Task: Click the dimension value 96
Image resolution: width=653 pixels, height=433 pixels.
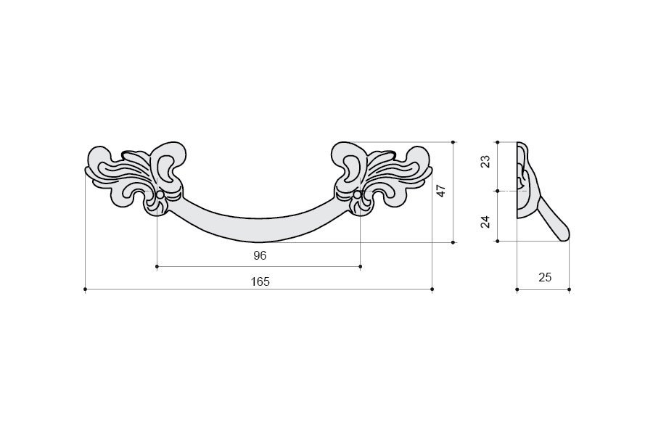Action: tap(260, 255)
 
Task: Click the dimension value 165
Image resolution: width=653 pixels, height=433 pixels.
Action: tap(260, 282)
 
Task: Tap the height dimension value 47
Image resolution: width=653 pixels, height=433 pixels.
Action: tap(441, 191)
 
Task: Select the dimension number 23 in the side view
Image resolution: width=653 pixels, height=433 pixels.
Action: tap(485, 162)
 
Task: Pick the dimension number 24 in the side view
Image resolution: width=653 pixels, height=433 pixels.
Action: tap(485, 221)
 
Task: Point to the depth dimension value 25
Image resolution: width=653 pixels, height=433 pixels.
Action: tap(545, 277)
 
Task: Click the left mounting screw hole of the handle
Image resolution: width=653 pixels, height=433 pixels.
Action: tap(160, 195)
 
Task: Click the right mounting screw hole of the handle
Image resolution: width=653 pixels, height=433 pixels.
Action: tap(357, 195)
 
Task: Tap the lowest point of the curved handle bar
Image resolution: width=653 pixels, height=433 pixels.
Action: tap(259, 242)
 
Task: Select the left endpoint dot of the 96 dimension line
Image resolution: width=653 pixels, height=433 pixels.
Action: tap(157, 266)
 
